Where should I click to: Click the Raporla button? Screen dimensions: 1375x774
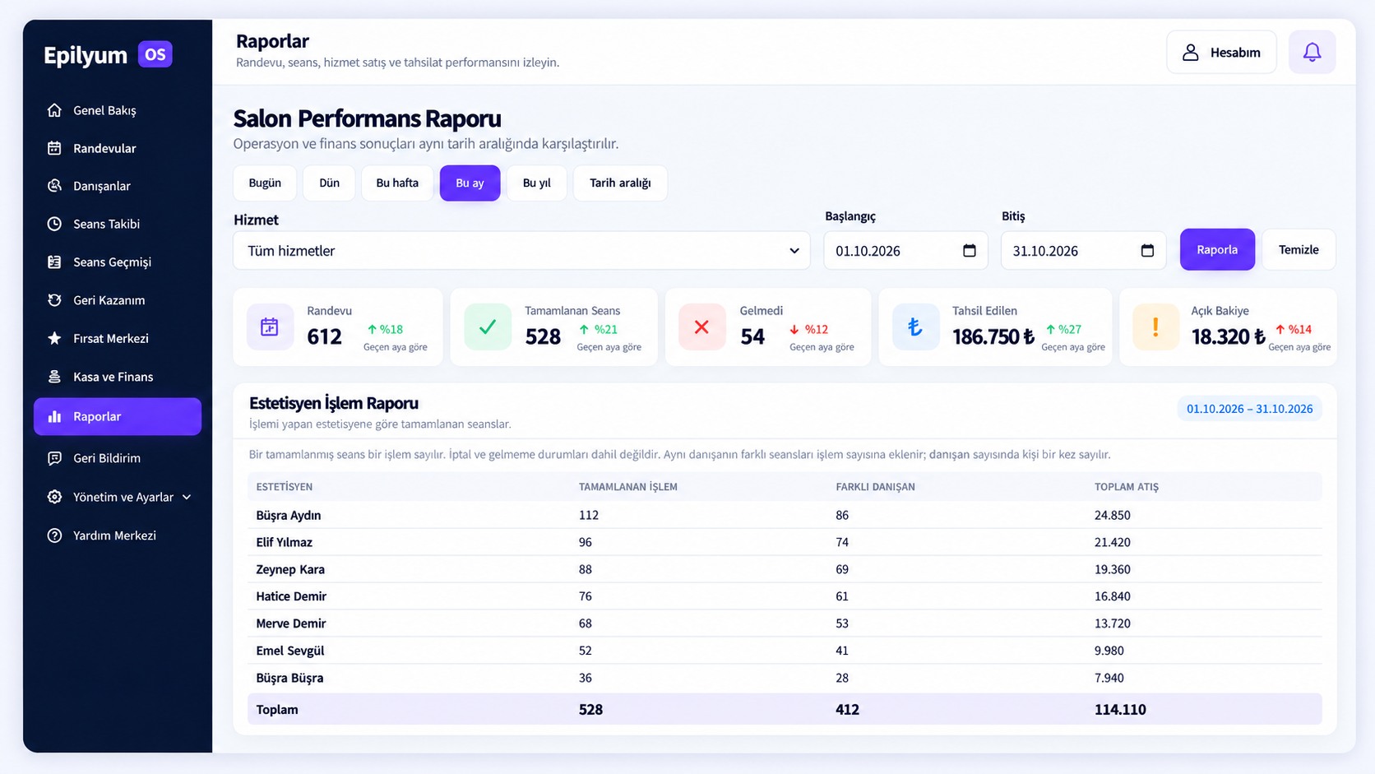pos(1216,249)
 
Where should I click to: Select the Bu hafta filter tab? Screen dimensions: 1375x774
pos(397,183)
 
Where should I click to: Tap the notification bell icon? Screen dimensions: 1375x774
pos(1312,52)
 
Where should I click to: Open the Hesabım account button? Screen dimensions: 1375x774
pos(1221,52)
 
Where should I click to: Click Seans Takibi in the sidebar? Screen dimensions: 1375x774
pos(106,224)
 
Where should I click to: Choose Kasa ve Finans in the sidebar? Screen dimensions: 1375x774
pos(113,377)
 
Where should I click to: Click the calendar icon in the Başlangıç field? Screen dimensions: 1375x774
pos(970,250)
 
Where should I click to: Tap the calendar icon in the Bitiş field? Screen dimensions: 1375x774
pos(1147,250)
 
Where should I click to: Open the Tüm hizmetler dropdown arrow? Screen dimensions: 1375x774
pos(794,250)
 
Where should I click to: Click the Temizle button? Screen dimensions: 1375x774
pos(1299,249)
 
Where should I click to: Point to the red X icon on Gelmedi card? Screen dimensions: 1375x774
pos(701,327)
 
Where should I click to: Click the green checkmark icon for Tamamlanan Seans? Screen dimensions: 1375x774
pos(488,327)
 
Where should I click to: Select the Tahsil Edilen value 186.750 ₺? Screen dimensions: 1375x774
pos(993,336)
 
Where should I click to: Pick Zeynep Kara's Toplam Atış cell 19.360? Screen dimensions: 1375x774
pos(1113,570)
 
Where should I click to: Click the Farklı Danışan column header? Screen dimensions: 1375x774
pos(875,487)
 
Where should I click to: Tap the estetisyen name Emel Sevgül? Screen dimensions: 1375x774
pos(289,651)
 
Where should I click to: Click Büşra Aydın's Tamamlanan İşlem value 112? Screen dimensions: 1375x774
pos(588,515)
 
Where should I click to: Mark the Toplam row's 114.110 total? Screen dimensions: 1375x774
pos(1120,710)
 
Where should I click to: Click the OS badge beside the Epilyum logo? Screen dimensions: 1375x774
pos(155,54)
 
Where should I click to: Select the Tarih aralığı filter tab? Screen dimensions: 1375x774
pos(620,183)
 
